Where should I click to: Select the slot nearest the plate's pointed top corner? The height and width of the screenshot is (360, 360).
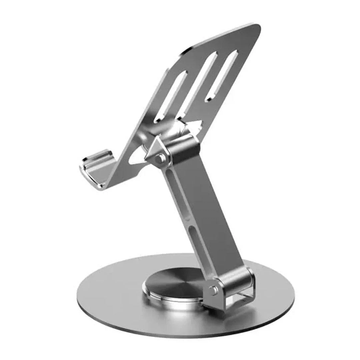pos(223,75)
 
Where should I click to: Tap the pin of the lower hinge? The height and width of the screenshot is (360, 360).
pos(212,290)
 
